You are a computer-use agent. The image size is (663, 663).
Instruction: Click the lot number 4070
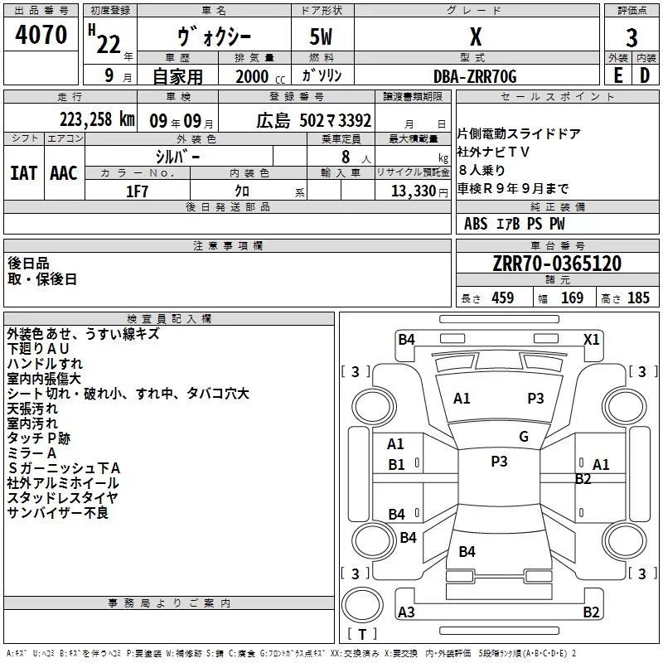point(41,36)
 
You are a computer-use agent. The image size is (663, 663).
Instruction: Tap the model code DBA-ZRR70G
point(475,76)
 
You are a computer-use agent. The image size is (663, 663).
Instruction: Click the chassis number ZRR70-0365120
point(558,264)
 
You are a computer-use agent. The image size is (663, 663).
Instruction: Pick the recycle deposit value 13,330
point(414,191)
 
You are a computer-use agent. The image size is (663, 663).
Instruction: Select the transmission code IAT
point(24,173)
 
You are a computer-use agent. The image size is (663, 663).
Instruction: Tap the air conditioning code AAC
point(64,173)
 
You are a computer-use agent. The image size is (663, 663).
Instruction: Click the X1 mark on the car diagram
point(592,339)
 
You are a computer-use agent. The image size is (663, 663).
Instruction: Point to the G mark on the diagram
point(524,437)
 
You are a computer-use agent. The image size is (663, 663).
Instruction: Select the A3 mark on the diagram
point(406,612)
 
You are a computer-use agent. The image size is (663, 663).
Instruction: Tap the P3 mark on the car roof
point(499,462)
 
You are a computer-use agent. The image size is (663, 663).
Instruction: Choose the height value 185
point(638,298)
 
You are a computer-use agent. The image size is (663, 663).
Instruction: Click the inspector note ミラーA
point(31,453)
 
